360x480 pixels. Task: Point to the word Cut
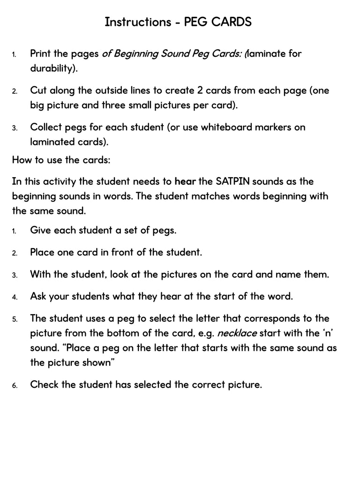pyautogui.click(x=38, y=90)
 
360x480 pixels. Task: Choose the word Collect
pyautogui.click(x=46, y=127)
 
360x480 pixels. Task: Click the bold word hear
pyautogui.click(x=186, y=181)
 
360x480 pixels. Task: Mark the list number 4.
pyautogui.click(x=15, y=297)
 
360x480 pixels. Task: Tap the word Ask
pyautogui.click(x=38, y=296)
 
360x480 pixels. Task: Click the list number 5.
pyautogui.click(x=15, y=319)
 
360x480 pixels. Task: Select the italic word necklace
pyautogui.click(x=237, y=333)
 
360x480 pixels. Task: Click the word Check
pyautogui.click(x=45, y=384)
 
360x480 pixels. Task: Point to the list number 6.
pyautogui.click(x=15, y=385)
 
